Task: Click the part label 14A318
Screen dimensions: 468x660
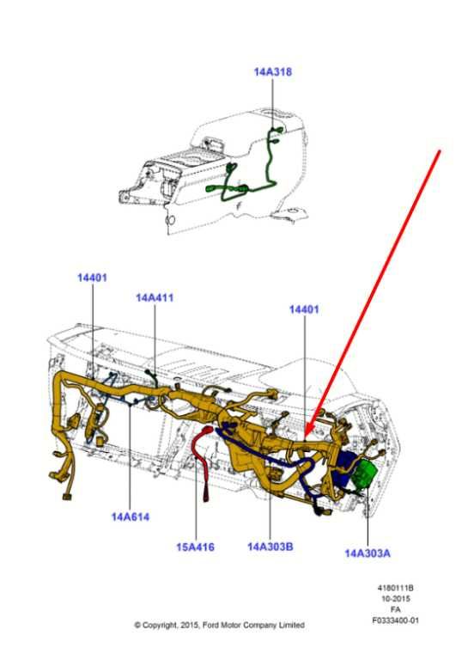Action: (272, 72)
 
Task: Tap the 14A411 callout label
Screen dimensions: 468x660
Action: (155, 297)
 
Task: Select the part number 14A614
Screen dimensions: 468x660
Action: (131, 516)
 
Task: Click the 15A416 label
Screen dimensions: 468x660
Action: (195, 547)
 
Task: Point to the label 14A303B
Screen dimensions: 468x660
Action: (270, 547)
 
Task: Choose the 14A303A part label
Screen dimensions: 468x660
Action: (368, 553)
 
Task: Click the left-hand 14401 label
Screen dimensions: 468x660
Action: (92, 278)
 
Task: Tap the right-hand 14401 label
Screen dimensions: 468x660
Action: (304, 309)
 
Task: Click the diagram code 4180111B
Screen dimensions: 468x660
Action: (395, 588)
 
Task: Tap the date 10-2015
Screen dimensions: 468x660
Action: (395, 598)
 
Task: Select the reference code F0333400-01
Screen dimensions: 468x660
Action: (395, 620)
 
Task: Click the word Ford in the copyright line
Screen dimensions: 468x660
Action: (210, 625)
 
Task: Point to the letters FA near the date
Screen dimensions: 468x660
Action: (395, 609)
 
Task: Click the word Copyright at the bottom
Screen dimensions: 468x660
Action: (160, 626)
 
